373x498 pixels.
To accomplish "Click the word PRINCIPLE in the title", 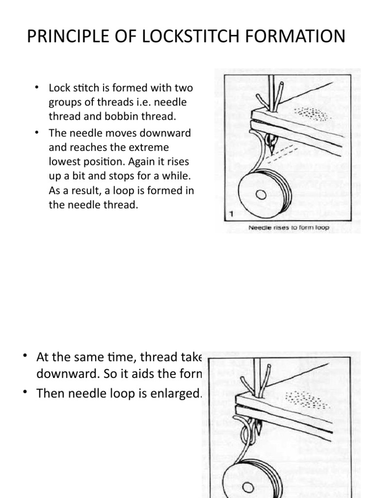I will (x=68, y=37).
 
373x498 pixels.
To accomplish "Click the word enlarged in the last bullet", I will (x=177, y=393).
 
